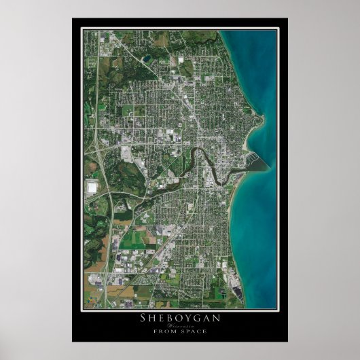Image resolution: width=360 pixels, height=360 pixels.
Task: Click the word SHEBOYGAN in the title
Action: pyautogui.click(x=180, y=317)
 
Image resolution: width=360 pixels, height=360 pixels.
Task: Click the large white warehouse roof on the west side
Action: pyautogui.click(x=92, y=185)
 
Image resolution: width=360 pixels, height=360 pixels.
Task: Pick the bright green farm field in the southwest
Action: pyautogui.click(x=139, y=238)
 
